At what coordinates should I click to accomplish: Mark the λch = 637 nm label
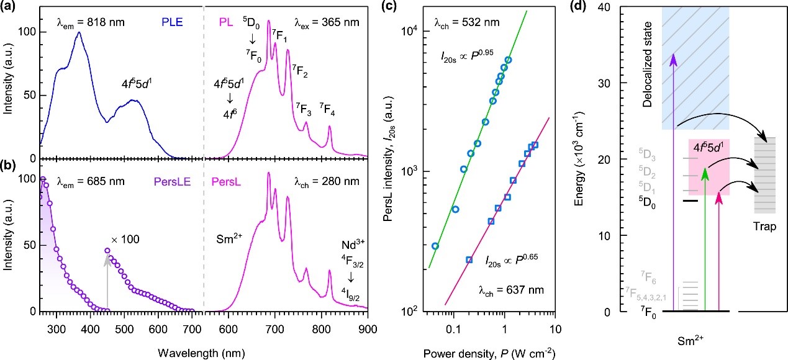(505, 290)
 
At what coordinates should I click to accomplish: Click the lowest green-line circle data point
(435, 246)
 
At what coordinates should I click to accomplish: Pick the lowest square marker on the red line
(469, 260)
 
